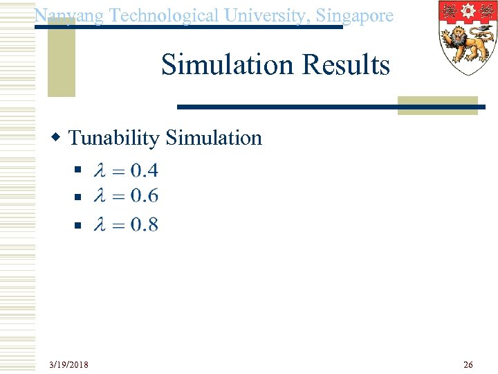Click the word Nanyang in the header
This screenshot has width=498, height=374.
pyautogui.click(x=67, y=15)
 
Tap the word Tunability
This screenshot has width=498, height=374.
pyautogui.click(x=113, y=138)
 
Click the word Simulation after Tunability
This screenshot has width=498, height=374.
pyautogui.click(x=214, y=138)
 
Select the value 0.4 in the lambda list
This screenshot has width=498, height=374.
pyautogui.click(x=144, y=170)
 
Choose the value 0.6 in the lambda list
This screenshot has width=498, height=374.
pyautogui.click(x=144, y=197)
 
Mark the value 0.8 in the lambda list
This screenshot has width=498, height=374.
pyautogui.click(x=144, y=224)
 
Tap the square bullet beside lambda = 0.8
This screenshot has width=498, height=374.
pyautogui.click(x=78, y=224)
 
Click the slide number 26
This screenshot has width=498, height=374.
pyautogui.click(x=468, y=364)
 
